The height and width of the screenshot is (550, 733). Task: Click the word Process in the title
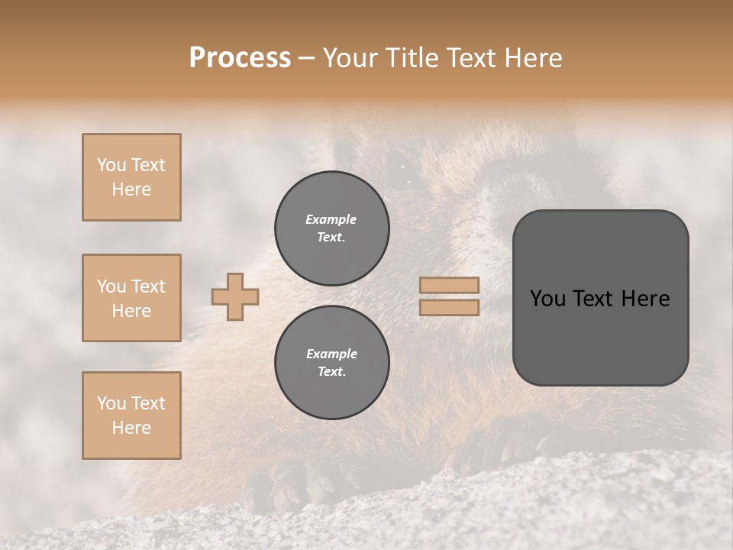240,58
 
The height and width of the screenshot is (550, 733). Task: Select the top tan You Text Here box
131,177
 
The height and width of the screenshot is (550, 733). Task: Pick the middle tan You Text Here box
131,298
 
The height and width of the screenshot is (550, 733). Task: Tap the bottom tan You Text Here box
131,416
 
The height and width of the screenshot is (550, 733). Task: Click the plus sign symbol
235,296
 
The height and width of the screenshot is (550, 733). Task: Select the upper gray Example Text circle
331,228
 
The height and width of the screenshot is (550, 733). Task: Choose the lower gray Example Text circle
331,362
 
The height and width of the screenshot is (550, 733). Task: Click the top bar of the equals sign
450,285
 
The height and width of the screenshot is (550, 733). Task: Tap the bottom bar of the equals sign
450,307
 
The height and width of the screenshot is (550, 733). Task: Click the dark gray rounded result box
600,298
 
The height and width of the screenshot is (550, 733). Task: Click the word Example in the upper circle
331,220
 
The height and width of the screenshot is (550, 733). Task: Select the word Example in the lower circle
331,354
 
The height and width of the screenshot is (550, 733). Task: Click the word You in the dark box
547,299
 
